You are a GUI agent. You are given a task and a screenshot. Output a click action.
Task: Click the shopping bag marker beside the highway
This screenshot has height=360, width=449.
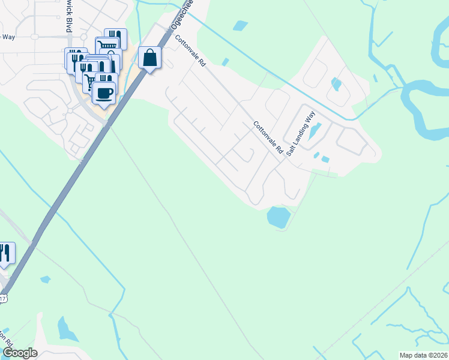pyautogui.click(x=149, y=58)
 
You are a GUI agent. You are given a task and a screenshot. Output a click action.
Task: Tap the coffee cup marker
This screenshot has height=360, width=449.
pyautogui.click(x=104, y=94)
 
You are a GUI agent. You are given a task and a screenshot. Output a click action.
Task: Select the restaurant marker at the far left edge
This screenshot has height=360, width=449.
pyautogui.click(x=5, y=253)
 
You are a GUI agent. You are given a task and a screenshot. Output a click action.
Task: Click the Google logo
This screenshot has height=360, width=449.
pyautogui.click(x=20, y=353)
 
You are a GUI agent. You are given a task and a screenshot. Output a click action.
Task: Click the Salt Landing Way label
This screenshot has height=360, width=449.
pyautogui.click(x=301, y=137)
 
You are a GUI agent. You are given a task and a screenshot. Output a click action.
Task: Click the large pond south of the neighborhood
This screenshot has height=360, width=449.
pyautogui.click(x=277, y=217)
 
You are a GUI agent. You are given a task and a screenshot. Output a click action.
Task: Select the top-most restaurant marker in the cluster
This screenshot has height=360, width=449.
pyautogui.click(x=116, y=38)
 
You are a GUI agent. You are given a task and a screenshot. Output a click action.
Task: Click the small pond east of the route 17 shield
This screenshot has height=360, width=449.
pyautogui.click(x=45, y=279)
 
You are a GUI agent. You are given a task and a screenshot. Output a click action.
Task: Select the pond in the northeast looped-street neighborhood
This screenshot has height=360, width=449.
pyautogui.click(x=336, y=84)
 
